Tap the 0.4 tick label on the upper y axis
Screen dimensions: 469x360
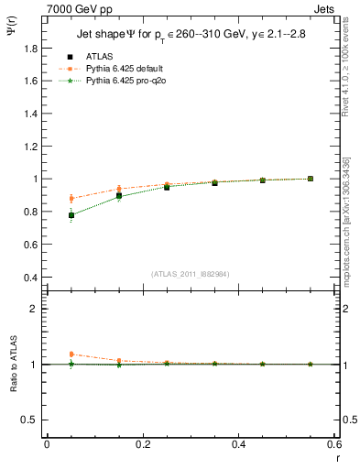click(32, 278)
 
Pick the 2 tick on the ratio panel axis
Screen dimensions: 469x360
click(36, 309)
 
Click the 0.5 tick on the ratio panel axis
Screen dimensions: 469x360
click(32, 420)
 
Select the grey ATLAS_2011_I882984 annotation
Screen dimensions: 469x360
click(190, 274)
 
